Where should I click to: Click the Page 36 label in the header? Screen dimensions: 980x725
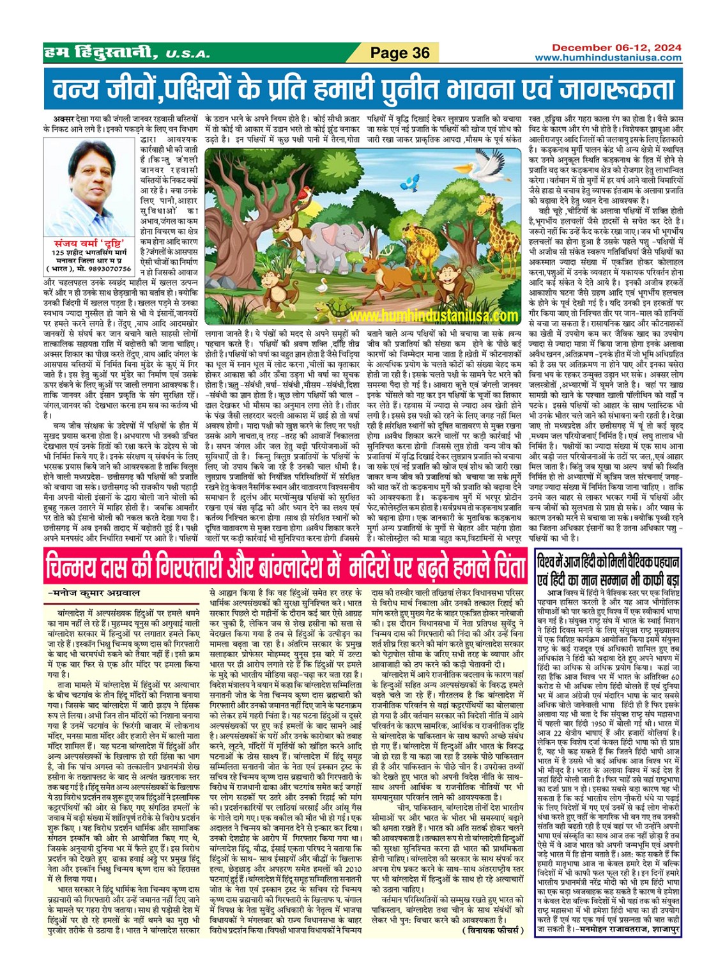coord(400,52)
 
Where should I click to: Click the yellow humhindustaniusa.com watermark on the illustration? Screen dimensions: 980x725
coord(434,316)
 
